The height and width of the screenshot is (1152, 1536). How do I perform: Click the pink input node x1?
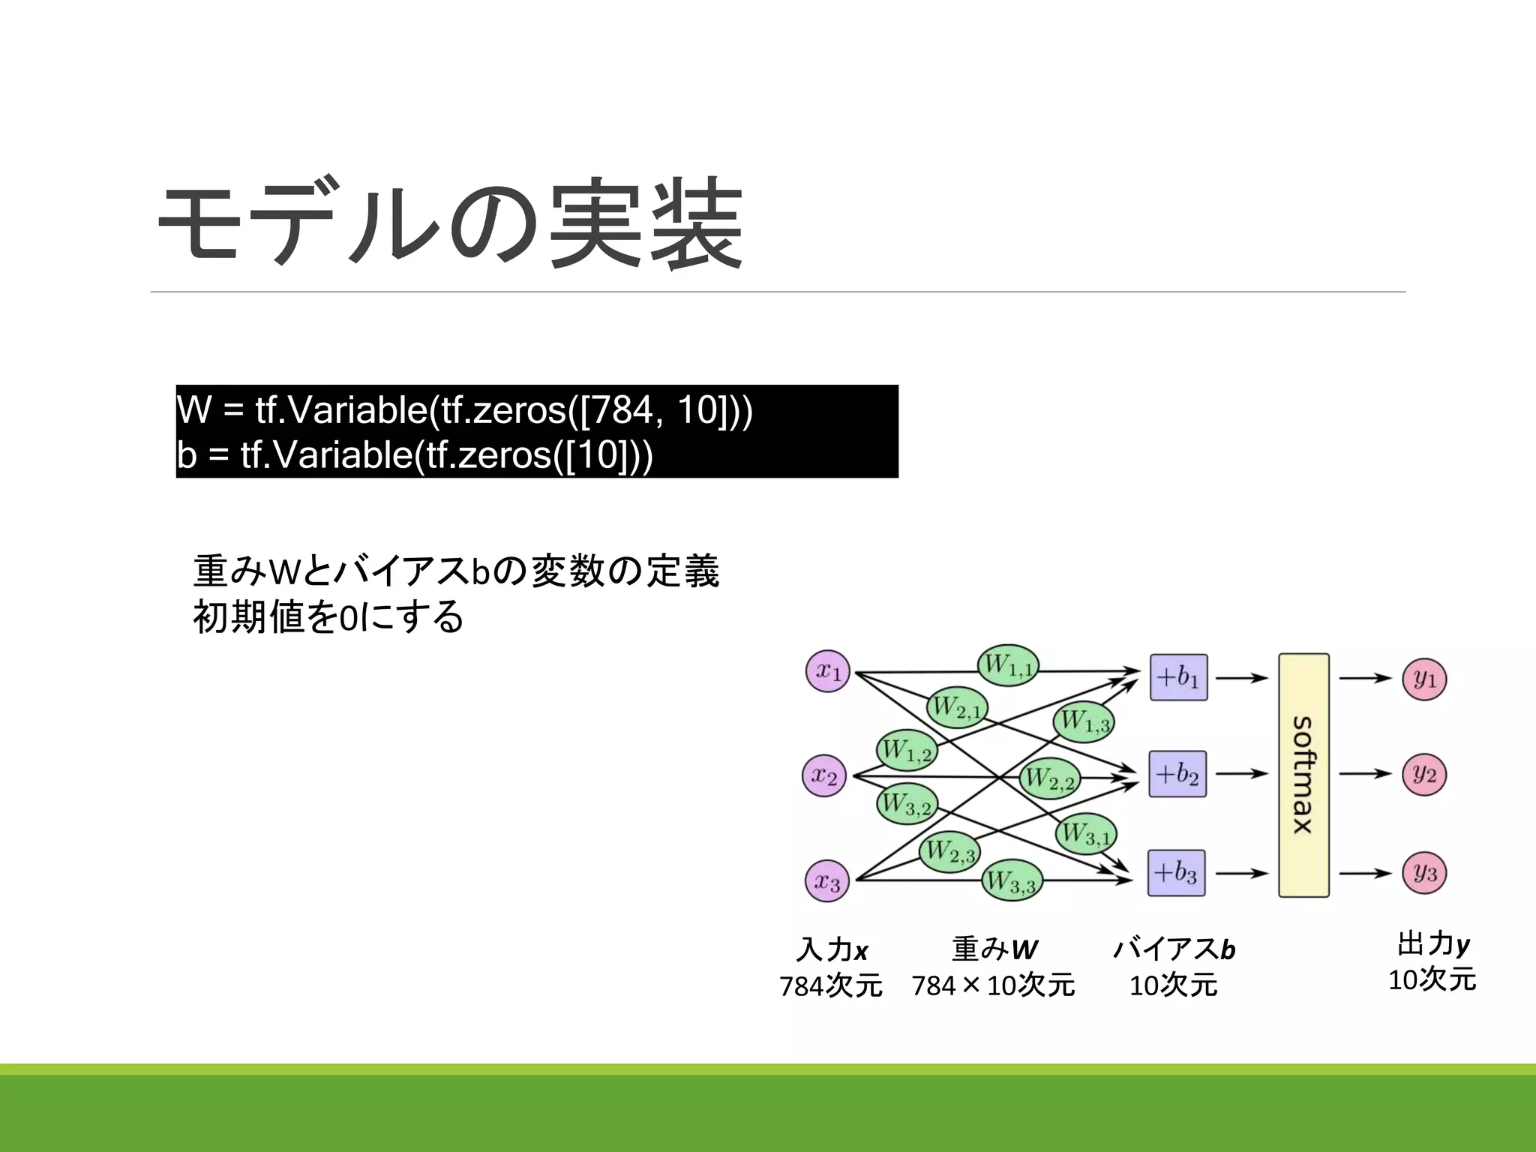tap(828, 670)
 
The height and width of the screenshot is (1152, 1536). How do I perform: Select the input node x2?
tap(824, 775)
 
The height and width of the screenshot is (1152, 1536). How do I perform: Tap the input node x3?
tap(827, 881)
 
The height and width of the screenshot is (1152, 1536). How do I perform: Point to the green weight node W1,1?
tap(1009, 664)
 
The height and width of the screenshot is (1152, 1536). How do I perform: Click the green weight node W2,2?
tap(1050, 778)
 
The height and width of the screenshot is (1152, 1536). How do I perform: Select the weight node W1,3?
tap(1084, 721)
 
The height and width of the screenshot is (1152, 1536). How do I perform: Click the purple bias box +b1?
tap(1178, 677)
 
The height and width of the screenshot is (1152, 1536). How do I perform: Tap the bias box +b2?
tap(1177, 773)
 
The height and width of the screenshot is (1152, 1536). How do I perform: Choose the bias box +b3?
tap(1176, 873)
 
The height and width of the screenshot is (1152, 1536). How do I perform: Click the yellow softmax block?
tap(1303, 775)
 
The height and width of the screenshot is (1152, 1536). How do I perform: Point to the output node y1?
tap(1424, 679)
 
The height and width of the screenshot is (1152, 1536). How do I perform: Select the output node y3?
tap(1424, 873)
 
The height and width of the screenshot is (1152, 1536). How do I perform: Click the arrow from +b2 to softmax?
tap(1241, 773)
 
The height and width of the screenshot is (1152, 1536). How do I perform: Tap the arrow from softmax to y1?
tap(1365, 678)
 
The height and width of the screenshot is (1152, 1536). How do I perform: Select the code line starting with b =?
tap(415, 454)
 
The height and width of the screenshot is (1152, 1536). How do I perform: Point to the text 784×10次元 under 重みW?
tap(993, 985)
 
